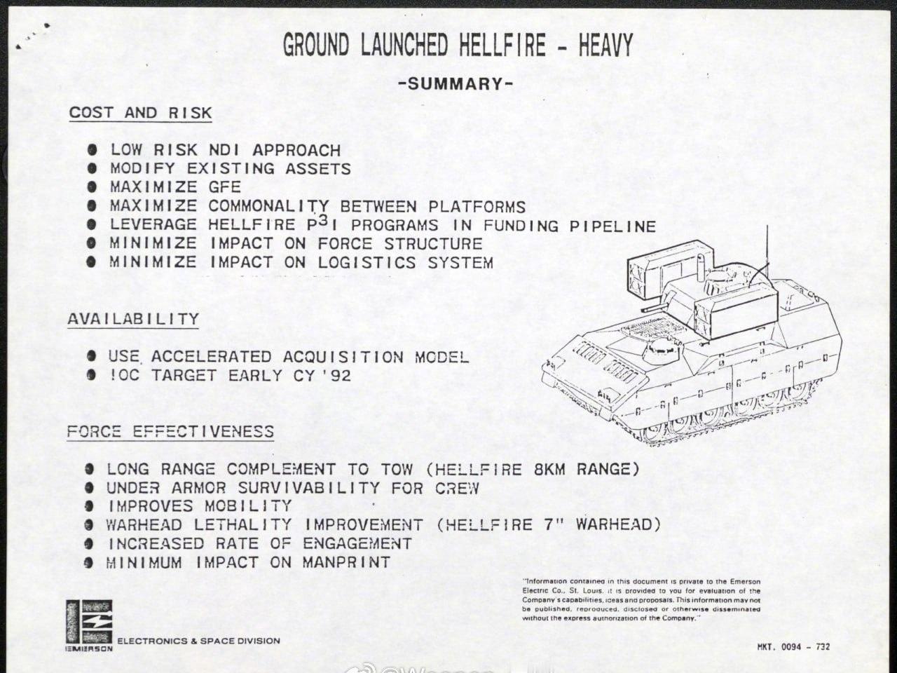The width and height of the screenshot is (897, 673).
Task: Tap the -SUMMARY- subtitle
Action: (x=456, y=84)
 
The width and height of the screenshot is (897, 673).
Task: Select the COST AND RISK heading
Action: (x=140, y=113)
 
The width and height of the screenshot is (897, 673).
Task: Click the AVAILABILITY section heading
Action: (x=133, y=319)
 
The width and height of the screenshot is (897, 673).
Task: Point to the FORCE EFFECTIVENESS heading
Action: (x=170, y=431)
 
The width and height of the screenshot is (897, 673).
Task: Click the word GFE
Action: (x=224, y=187)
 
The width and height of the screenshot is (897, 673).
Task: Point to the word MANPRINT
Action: (x=346, y=562)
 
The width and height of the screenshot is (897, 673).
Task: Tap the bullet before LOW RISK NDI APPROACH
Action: (x=92, y=150)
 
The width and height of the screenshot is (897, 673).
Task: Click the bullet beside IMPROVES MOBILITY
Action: (x=89, y=506)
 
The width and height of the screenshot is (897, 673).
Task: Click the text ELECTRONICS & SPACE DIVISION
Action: (x=198, y=641)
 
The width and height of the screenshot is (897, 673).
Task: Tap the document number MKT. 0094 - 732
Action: (x=793, y=646)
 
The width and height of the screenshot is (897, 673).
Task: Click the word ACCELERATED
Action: (x=211, y=357)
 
